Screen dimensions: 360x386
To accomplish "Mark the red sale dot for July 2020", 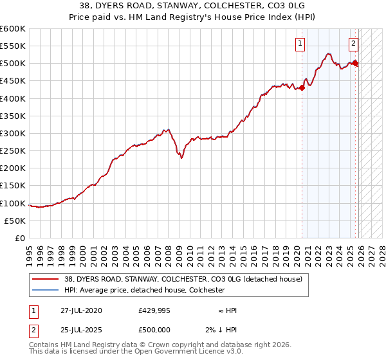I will tap(302, 89).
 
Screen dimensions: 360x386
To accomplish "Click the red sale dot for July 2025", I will tap(356, 63).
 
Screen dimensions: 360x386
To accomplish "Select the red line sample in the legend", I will tap(46, 279).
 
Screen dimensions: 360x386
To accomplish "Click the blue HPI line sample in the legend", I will tap(46, 291).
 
